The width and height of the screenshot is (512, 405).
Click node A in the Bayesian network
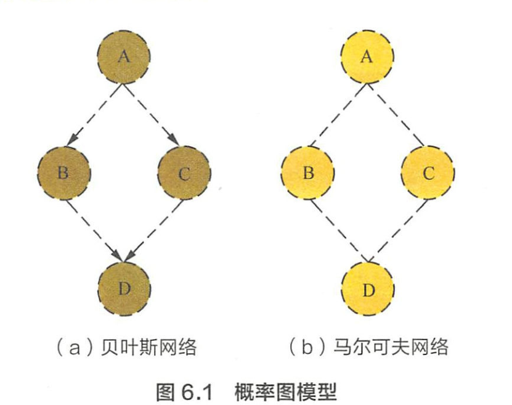[124, 57]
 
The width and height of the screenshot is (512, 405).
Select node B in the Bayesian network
[63, 173]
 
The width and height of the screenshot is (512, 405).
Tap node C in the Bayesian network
[184, 173]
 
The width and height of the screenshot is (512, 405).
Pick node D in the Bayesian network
[124, 288]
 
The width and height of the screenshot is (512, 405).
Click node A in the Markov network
[367, 57]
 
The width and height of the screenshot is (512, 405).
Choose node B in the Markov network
[307, 173]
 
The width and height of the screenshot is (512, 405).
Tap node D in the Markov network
[368, 289]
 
